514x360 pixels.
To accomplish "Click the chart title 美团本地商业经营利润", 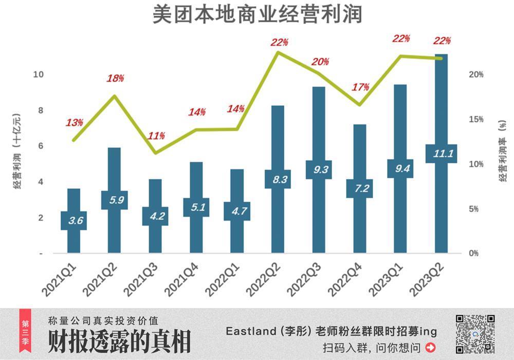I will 257,15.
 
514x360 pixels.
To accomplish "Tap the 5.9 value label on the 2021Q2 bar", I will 114,200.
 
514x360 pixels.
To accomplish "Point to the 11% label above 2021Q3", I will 156,136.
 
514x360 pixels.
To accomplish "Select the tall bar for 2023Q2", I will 441,103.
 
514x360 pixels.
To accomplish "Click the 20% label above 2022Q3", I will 320,62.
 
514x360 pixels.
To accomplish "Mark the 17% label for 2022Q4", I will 360,87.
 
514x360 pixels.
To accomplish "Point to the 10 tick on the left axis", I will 38,74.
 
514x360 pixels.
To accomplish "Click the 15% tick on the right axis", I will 476,119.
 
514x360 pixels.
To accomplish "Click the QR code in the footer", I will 475,334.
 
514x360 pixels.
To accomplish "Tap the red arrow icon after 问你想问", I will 431,348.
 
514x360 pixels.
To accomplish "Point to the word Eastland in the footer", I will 251,331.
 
